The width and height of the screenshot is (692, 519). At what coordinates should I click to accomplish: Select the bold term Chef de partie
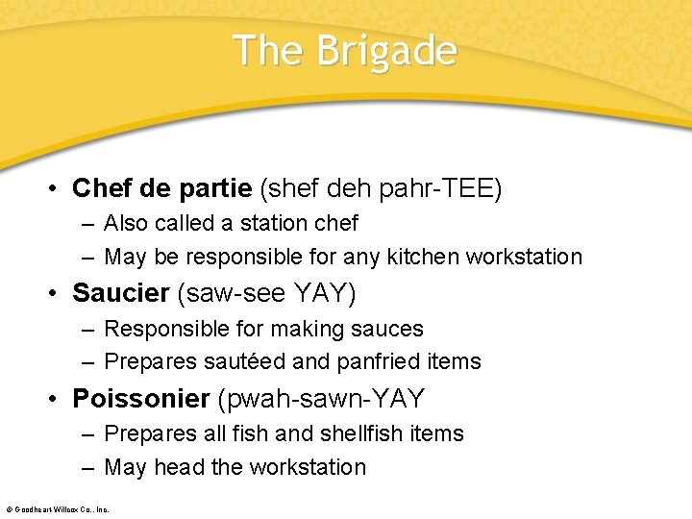(x=162, y=187)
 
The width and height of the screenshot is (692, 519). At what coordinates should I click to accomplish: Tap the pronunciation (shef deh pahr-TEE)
(x=381, y=187)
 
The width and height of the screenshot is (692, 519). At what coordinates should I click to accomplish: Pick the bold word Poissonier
(x=141, y=398)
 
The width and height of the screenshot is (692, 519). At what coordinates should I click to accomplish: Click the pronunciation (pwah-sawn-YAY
(x=322, y=398)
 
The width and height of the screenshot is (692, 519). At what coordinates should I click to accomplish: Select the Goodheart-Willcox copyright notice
(x=58, y=508)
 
